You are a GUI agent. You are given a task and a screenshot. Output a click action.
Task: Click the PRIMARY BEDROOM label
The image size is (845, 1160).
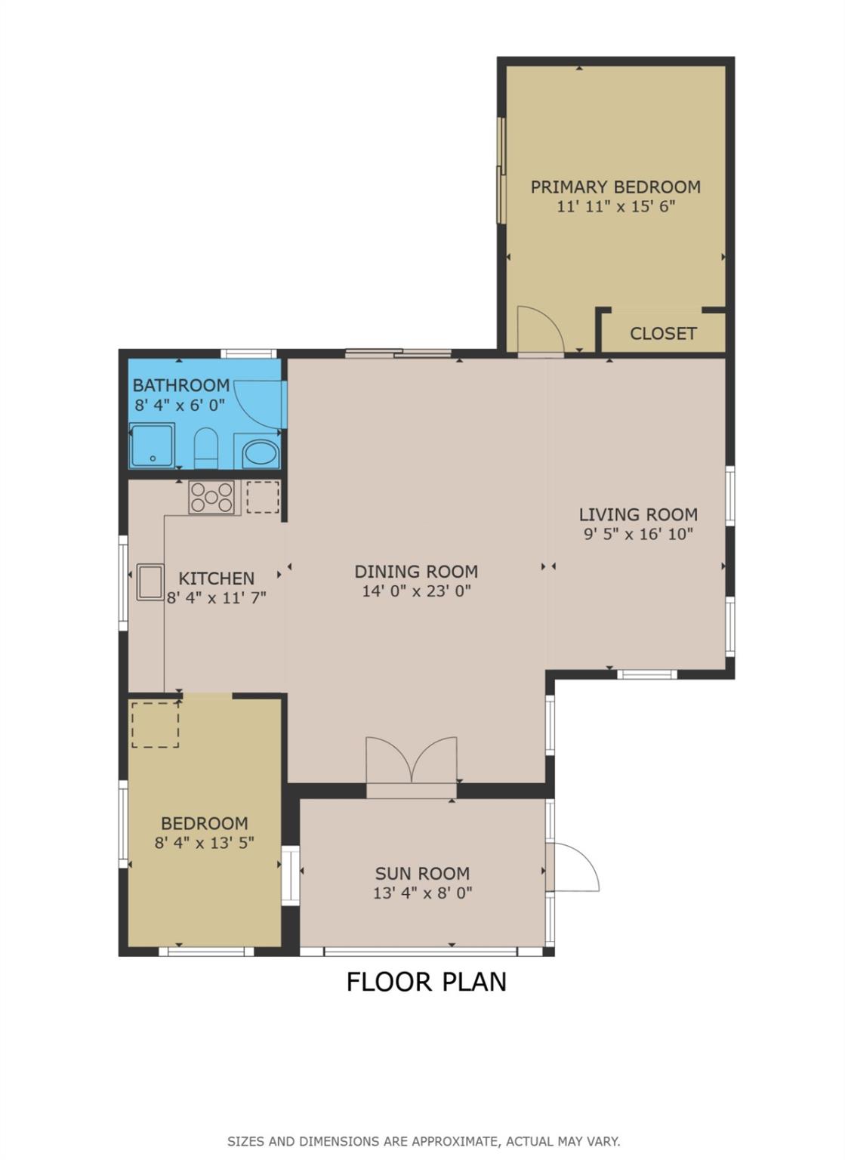click(615, 187)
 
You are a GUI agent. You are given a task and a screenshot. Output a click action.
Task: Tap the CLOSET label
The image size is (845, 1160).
click(663, 334)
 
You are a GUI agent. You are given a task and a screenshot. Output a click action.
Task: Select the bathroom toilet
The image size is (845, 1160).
click(206, 448)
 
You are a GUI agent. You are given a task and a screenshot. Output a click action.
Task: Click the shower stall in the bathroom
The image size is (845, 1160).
click(153, 446)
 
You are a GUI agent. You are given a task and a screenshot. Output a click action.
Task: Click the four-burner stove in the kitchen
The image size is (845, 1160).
click(211, 497)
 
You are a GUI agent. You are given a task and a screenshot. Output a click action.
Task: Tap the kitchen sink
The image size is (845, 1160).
click(150, 582)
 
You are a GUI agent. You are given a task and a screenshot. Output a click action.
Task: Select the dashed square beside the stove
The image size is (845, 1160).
click(263, 497)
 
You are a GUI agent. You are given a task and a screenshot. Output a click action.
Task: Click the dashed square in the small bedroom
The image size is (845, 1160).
click(156, 725)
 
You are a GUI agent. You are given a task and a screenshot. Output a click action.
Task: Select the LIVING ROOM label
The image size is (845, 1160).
click(638, 515)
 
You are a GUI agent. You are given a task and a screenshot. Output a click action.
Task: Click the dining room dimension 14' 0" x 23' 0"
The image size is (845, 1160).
click(416, 591)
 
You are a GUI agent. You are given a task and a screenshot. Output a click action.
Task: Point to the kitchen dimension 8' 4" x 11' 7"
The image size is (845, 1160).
click(217, 598)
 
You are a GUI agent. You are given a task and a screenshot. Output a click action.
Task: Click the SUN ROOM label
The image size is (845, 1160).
click(423, 874)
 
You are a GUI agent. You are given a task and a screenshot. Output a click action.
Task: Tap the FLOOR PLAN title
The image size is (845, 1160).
click(426, 982)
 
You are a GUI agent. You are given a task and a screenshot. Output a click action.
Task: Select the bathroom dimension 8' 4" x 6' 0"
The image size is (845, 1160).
click(180, 405)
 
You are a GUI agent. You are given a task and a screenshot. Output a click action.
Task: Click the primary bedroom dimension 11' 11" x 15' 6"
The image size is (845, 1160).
click(616, 207)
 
